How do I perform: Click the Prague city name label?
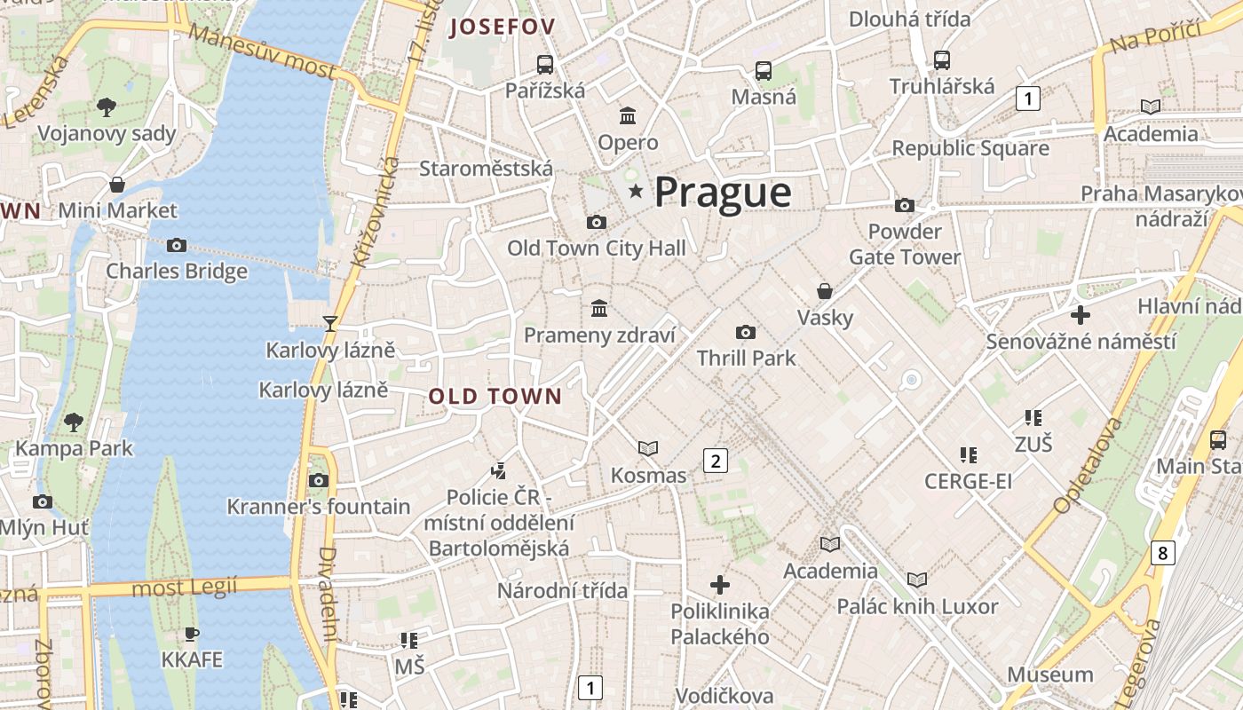(723, 193)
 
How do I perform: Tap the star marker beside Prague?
(636, 192)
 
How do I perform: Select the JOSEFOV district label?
(502, 27)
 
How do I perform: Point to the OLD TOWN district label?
(495, 396)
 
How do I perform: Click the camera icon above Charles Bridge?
(177, 245)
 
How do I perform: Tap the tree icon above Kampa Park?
(74, 422)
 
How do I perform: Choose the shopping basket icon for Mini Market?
(117, 185)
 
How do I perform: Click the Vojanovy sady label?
(107, 134)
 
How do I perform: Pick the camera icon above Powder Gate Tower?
(905, 206)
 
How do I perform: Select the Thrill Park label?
(746, 358)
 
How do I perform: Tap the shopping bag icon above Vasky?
(825, 291)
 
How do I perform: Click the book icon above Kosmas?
(648, 449)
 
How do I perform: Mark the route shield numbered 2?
(715, 460)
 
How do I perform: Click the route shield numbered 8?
(1162, 552)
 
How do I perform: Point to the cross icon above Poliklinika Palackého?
(720, 585)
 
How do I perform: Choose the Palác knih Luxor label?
(917, 607)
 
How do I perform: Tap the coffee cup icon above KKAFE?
(192, 634)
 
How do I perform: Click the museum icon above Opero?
(628, 116)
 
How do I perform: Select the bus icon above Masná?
(764, 71)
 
